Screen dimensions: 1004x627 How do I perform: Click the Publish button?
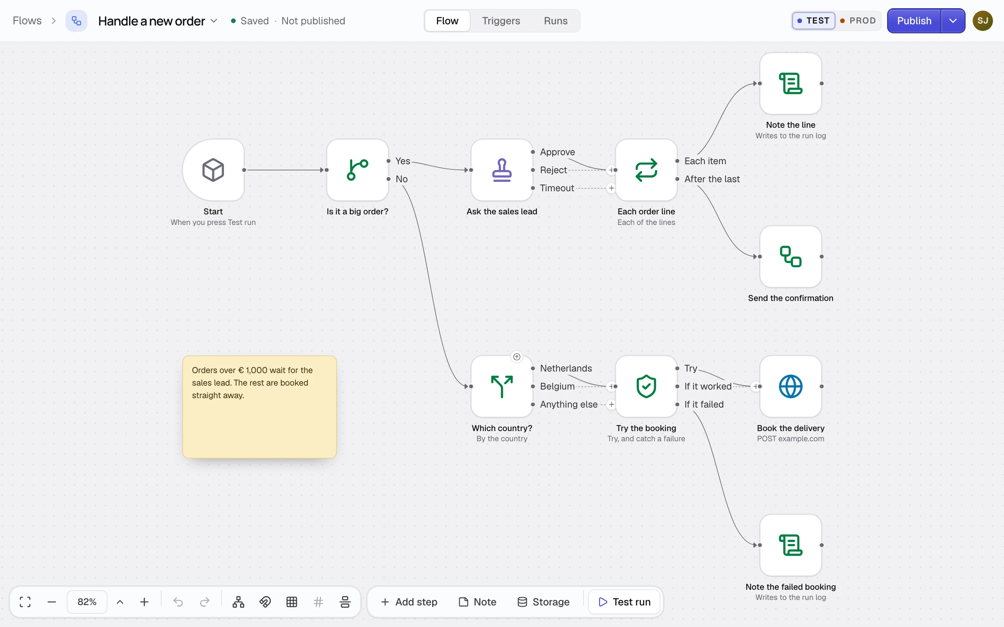point(914,21)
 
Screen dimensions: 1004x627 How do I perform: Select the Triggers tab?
point(501,21)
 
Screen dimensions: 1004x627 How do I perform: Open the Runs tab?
point(555,21)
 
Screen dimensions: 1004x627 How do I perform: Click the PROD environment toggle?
point(858,21)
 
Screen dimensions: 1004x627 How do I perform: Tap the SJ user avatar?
point(982,21)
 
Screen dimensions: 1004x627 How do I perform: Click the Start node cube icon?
point(213,170)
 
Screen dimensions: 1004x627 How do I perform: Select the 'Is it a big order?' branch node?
point(358,170)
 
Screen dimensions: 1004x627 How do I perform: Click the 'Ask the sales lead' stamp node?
point(502,170)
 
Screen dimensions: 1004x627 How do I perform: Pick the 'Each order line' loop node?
point(646,170)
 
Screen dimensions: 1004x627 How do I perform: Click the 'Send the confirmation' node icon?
point(791,257)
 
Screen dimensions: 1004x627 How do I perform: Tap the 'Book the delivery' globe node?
point(791,386)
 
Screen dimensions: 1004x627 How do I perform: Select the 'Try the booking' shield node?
point(646,386)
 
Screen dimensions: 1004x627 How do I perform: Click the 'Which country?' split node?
point(502,386)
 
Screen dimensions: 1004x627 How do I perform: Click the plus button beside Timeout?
point(611,188)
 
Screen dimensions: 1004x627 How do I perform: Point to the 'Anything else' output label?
point(569,404)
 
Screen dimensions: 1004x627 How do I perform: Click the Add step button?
point(409,602)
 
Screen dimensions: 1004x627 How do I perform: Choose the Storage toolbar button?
point(544,602)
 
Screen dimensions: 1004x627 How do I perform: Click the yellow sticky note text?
point(252,383)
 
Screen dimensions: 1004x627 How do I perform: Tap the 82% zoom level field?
point(87,602)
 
